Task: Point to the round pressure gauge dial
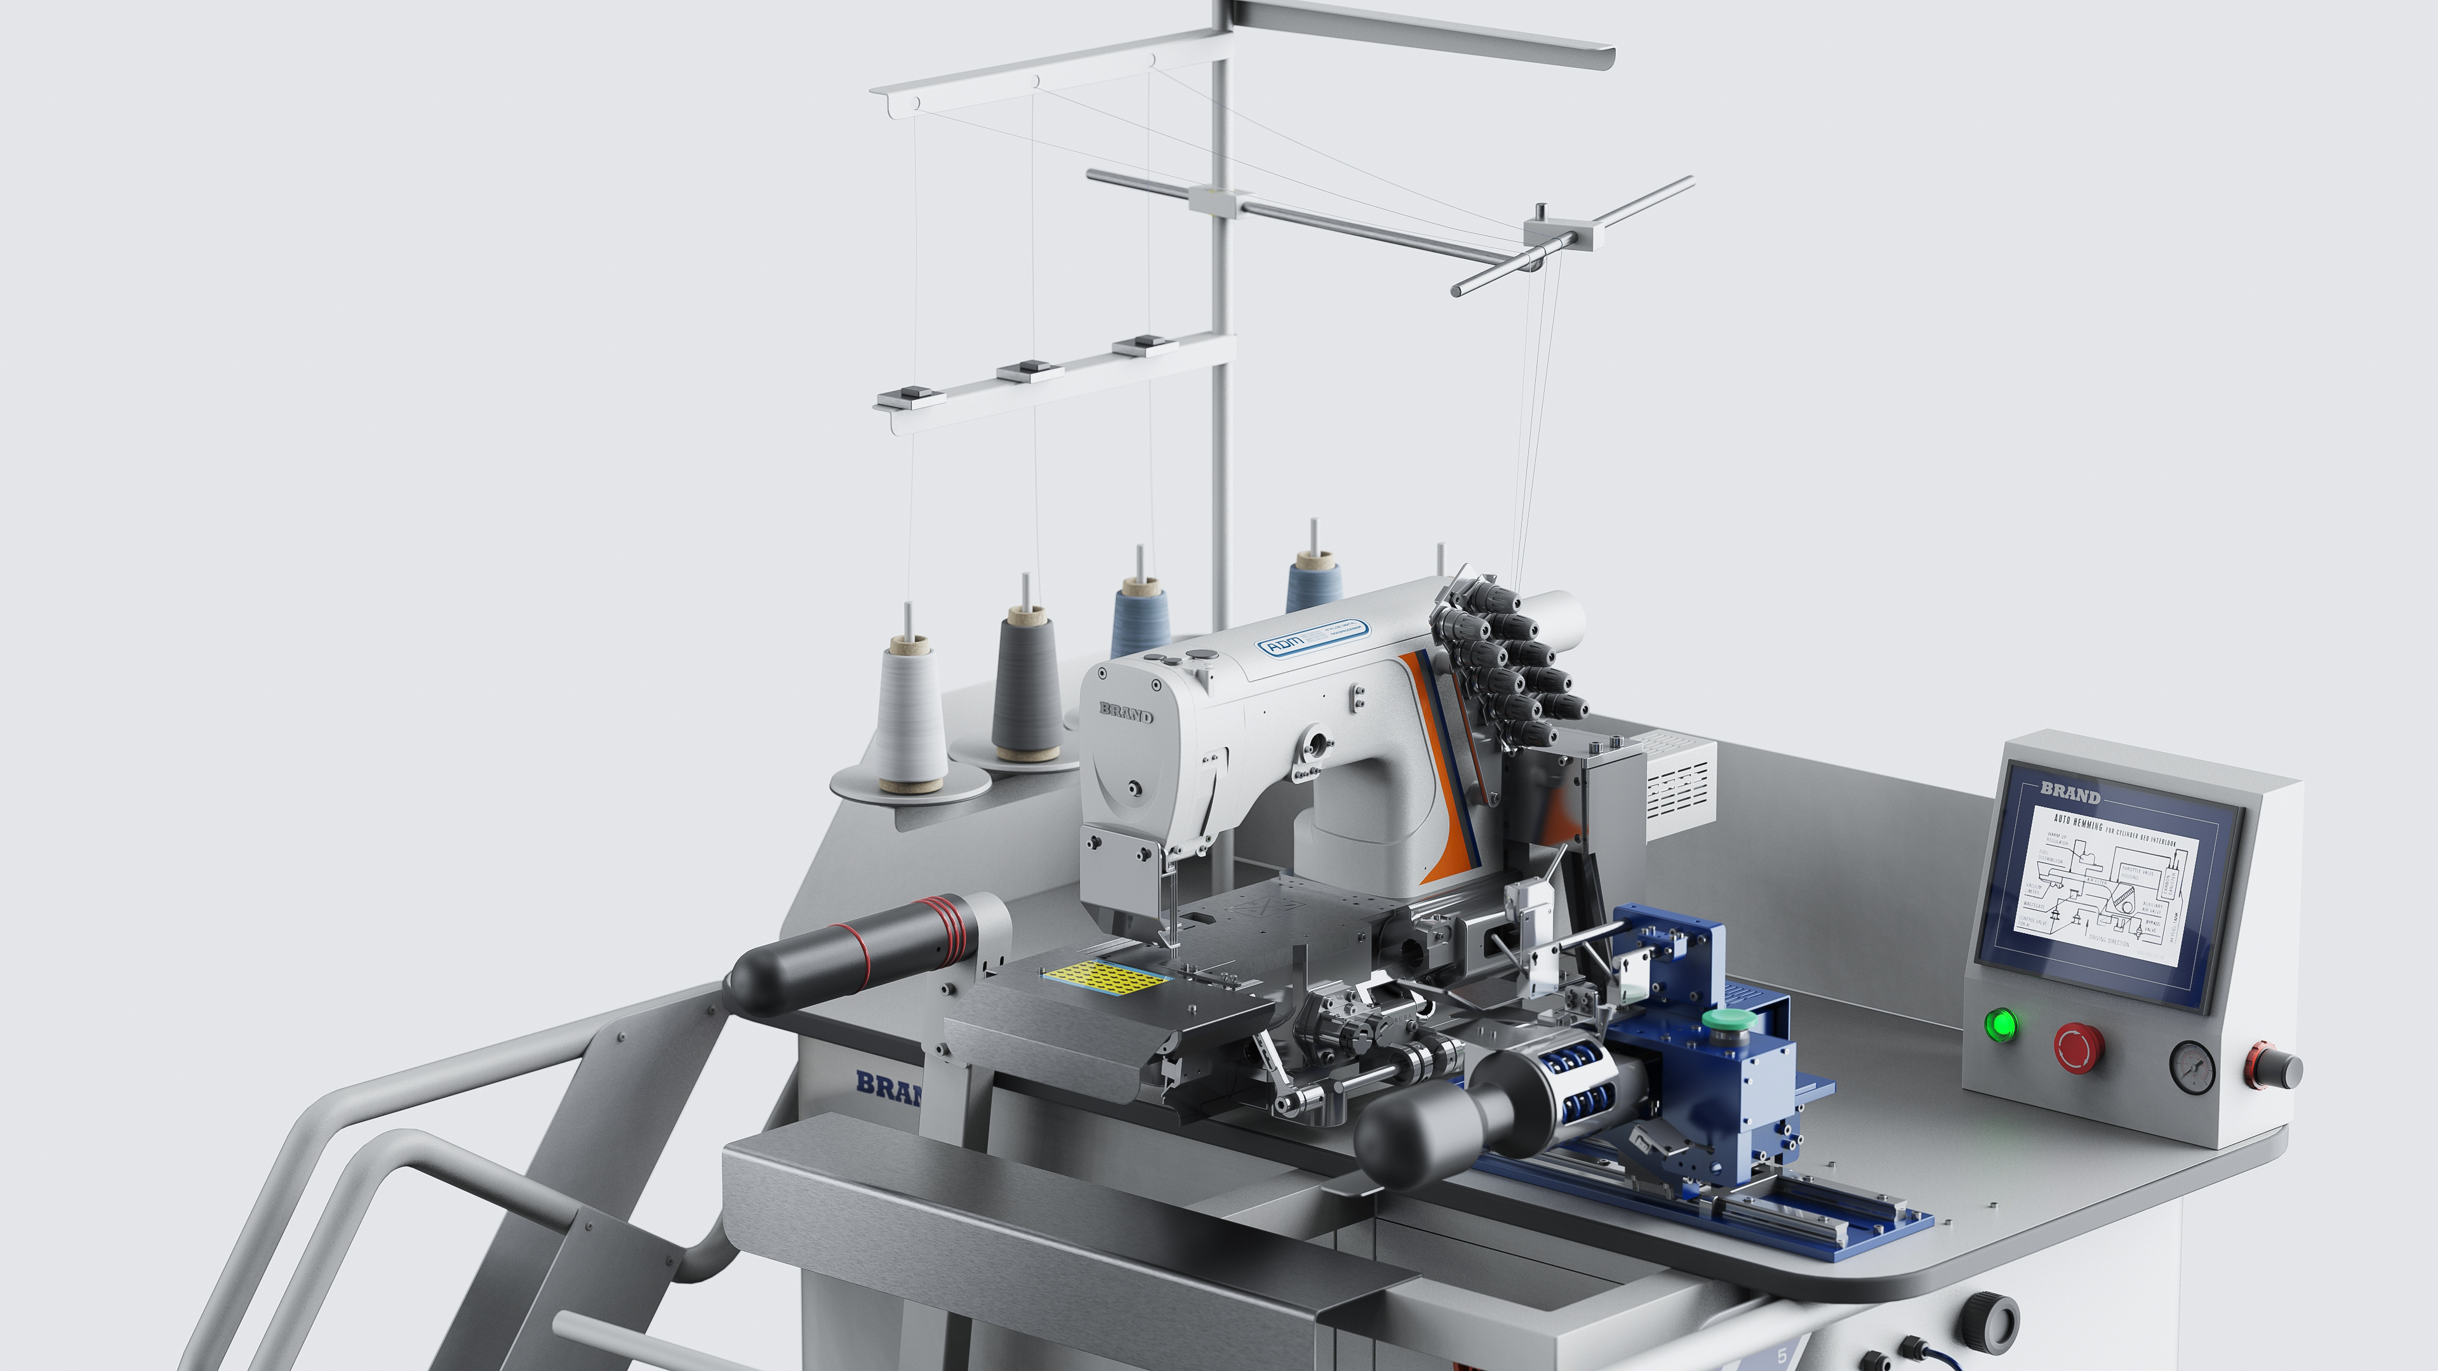[2192, 1067]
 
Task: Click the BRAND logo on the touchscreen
[2070, 793]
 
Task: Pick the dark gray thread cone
[1026, 681]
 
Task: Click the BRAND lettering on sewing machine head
[1126, 712]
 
